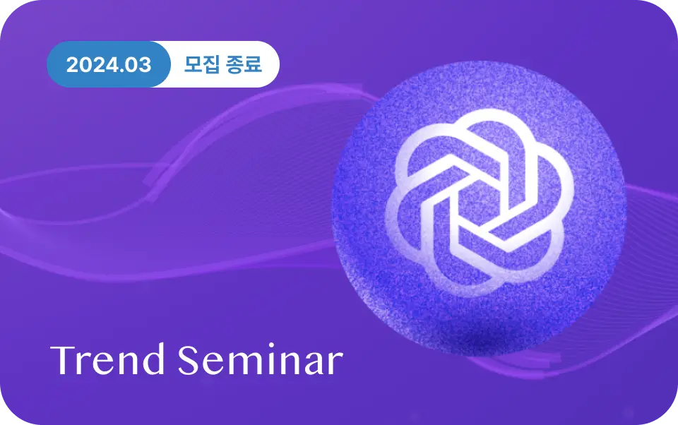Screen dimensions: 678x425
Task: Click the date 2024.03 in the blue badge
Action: (x=109, y=65)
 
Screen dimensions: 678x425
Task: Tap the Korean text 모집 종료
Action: (x=222, y=64)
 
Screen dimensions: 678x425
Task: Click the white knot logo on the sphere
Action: (x=479, y=203)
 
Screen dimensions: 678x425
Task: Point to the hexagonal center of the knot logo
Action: (x=479, y=203)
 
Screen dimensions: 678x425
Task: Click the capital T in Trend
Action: (x=65, y=360)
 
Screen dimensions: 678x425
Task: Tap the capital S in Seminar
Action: (x=189, y=359)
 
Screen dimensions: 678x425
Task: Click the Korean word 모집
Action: (x=202, y=64)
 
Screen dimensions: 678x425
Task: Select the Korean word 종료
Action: (x=244, y=64)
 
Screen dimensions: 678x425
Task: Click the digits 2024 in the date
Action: (x=91, y=65)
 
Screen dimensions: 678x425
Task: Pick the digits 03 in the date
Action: (x=138, y=65)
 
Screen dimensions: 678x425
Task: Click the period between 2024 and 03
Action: (x=120, y=72)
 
